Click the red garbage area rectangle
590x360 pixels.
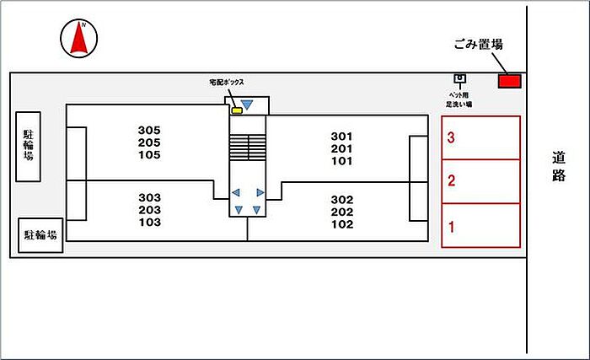point(509,81)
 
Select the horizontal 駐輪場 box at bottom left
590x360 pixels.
point(40,235)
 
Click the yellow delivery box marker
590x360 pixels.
point(238,110)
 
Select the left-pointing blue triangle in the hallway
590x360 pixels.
point(236,192)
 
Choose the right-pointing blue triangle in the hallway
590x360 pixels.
point(260,192)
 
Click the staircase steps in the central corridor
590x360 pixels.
point(248,147)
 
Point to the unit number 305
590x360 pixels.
point(149,130)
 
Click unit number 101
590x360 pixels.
point(341,161)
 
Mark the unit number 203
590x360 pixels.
point(149,210)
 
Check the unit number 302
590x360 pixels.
point(341,200)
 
